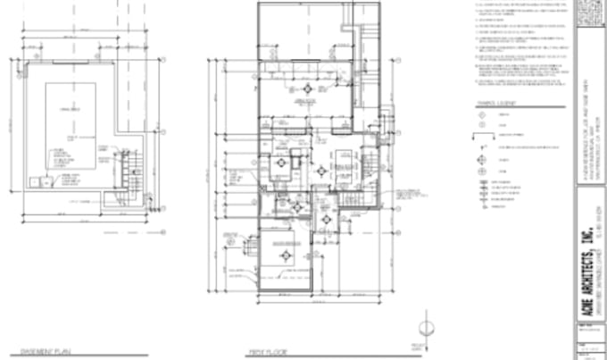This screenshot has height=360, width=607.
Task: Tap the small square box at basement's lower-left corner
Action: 34,182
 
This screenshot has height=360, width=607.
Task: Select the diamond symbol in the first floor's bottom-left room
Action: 287,255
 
